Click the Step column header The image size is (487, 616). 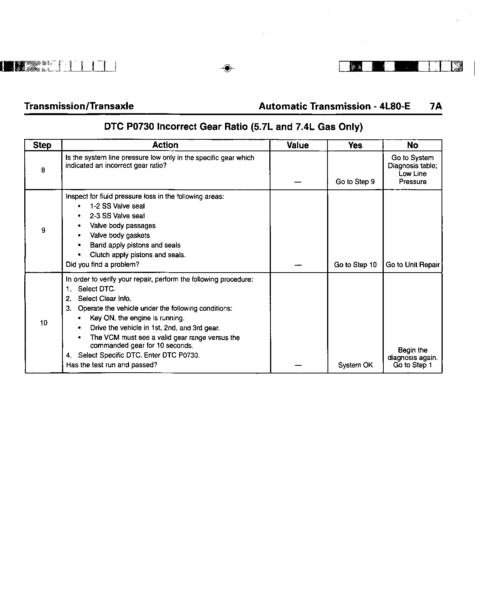pos(42,145)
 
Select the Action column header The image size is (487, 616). pos(165,145)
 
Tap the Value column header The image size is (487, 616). pos(298,145)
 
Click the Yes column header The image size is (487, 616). pos(355,145)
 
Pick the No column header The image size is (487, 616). pos(412,145)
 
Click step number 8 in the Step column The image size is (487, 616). pos(43,170)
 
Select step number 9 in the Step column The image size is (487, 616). pos(43,230)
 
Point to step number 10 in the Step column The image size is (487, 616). pos(44,323)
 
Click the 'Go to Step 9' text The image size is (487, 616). pos(355,182)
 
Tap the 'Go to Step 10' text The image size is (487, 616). pos(355,264)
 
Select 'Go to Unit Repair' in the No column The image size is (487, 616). pos(412,264)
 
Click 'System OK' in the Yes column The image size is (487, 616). pos(355,365)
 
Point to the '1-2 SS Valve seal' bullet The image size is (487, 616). pos(117,206)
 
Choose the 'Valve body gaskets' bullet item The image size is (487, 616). pos(119,235)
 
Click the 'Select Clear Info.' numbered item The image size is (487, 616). pos(104,298)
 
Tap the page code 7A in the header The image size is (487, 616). pos(436,106)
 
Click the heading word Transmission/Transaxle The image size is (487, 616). pos(79,106)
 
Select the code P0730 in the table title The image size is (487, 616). pos(140,127)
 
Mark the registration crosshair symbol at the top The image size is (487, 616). pos(227,68)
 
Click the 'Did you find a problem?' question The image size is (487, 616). pos(102,264)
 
